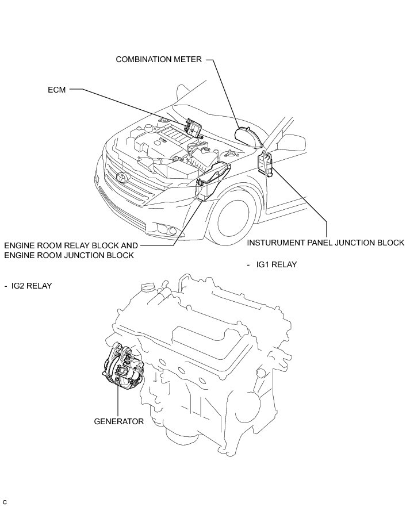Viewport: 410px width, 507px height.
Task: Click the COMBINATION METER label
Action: pos(159,59)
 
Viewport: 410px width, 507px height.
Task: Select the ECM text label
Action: pos(57,90)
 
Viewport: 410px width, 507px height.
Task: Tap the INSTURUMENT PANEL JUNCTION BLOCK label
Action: pos(325,243)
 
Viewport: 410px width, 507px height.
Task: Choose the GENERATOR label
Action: pos(118,421)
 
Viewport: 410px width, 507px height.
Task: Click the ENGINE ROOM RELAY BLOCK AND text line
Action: pos(71,245)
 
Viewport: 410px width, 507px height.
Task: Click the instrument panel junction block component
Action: pos(265,162)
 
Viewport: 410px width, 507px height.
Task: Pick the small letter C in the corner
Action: pos(5,502)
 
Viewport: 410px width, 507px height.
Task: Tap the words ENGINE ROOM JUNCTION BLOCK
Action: pos(68,255)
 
